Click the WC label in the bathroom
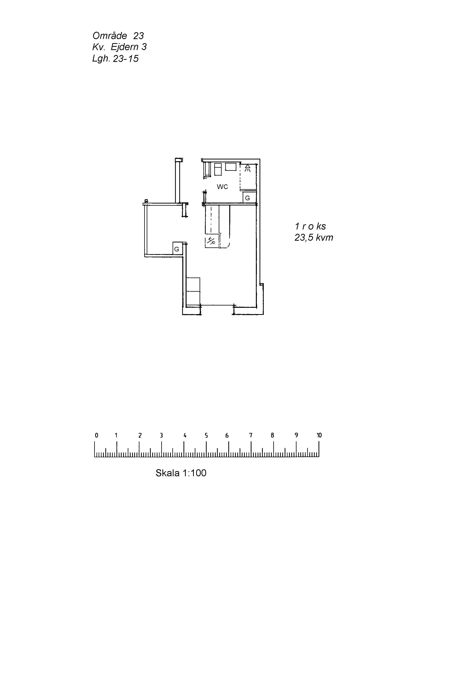click(x=222, y=187)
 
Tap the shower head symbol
click(x=247, y=168)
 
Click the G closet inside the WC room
click(x=247, y=198)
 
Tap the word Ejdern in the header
click(x=124, y=47)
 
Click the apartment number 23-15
click(x=126, y=59)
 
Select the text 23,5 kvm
click(x=314, y=237)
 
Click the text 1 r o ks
click(x=310, y=226)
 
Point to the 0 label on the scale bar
click(x=96, y=435)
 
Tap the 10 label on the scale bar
click(x=319, y=435)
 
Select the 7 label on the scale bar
click(x=251, y=435)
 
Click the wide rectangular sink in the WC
click(x=231, y=167)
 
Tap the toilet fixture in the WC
click(x=218, y=169)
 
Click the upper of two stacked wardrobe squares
click(x=193, y=284)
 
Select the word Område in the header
click(x=110, y=36)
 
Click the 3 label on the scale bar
click(x=161, y=435)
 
